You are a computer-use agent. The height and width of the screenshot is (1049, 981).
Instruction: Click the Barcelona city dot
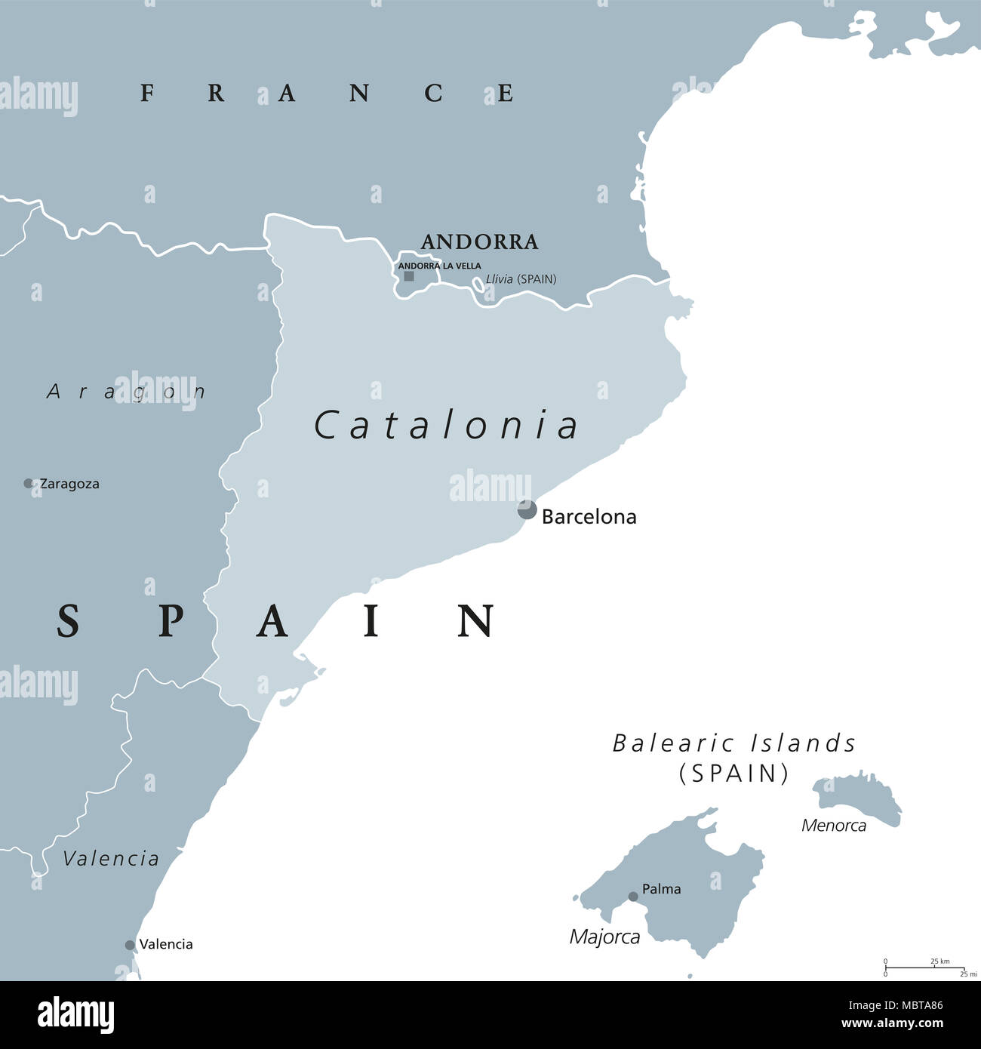[527, 509]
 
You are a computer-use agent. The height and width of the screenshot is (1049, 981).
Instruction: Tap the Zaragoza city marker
[29, 483]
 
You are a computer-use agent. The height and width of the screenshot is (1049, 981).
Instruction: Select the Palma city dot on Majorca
[633, 897]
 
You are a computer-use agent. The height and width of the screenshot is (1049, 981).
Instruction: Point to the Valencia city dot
[130, 945]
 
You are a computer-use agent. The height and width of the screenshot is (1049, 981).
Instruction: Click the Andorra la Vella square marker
[409, 276]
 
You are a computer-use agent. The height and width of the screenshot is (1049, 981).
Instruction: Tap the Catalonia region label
[446, 425]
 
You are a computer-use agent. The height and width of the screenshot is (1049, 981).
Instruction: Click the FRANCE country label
[327, 93]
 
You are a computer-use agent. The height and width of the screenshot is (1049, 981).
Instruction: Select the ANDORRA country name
[479, 242]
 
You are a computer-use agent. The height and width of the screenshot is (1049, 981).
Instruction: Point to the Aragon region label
[126, 391]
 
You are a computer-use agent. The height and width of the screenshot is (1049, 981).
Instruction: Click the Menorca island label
[833, 825]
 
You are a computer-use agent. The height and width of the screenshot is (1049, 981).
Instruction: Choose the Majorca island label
[604, 937]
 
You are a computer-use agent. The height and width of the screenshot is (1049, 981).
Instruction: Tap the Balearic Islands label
[734, 744]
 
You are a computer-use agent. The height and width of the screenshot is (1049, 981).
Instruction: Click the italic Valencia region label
[111, 858]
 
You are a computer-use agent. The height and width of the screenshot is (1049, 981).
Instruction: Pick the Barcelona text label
[589, 517]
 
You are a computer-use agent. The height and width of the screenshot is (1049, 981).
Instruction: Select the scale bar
[926, 967]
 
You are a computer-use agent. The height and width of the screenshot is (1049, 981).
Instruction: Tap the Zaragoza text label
[69, 484]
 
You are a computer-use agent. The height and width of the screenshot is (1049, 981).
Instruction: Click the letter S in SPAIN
[68, 621]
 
